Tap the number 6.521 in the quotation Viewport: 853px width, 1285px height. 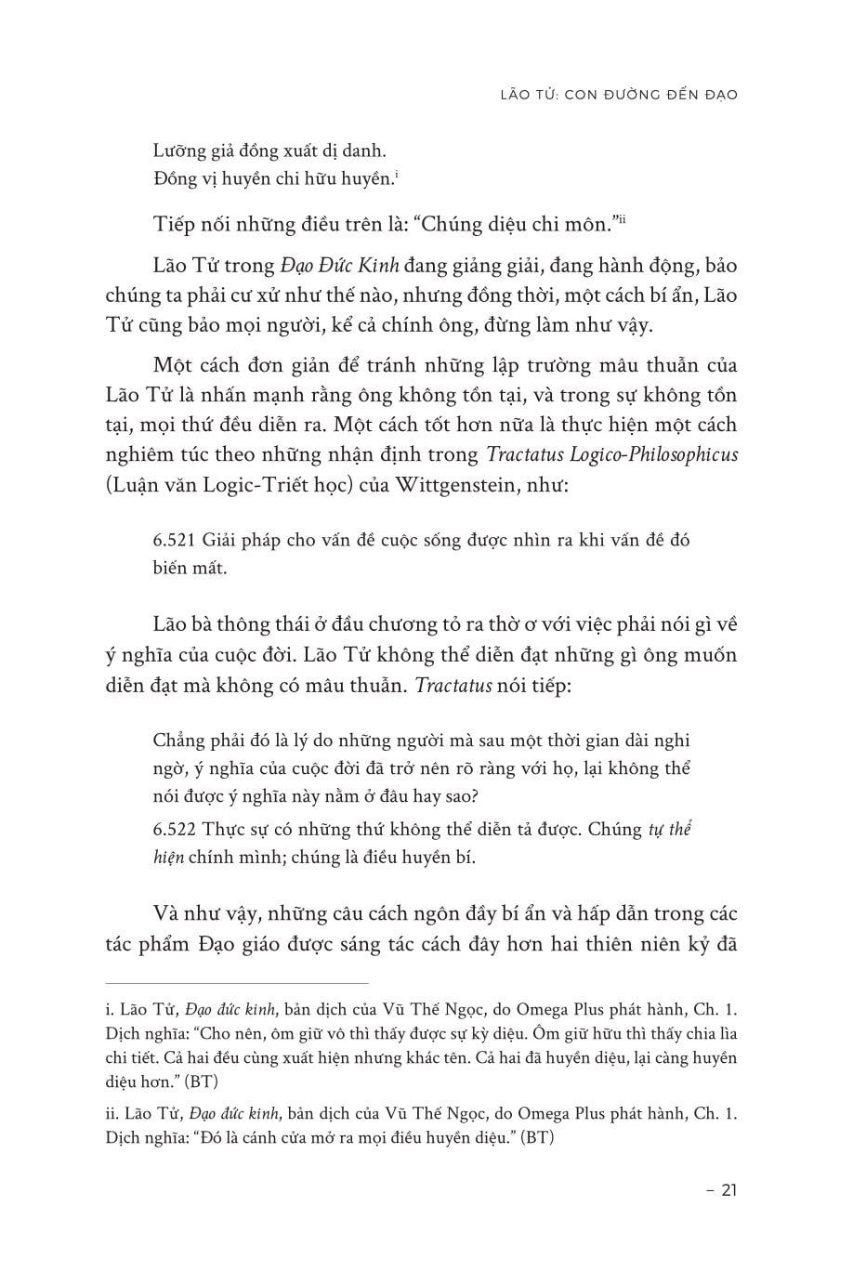(x=173, y=541)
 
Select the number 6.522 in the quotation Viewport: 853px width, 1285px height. (x=173, y=829)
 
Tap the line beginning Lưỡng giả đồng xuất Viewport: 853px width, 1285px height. (x=268, y=150)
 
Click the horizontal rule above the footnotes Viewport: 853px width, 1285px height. (x=237, y=981)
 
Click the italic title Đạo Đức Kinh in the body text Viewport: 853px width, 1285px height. (x=339, y=266)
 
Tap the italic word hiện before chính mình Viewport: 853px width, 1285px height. (x=167, y=857)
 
